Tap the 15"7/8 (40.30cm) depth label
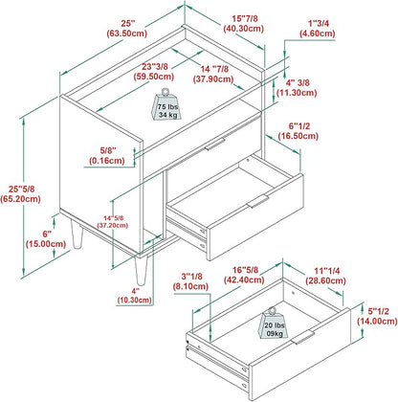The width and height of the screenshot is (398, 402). (x=244, y=24)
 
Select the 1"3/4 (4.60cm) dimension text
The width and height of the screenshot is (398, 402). (x=318, y=29)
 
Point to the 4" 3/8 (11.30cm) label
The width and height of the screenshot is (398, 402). (x=297, y=88)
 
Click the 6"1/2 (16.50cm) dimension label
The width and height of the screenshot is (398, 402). (x=298, y=131)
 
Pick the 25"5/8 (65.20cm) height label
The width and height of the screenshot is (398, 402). (x=21, y=194)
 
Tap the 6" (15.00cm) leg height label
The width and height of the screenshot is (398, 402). (x=46, y=239)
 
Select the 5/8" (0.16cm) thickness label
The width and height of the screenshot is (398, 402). (x=108, y=155)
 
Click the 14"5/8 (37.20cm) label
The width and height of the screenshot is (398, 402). (x=113, y=222)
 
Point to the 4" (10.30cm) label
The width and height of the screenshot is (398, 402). (x=135, y=296)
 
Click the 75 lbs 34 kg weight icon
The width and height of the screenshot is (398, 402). (x=166, y=104)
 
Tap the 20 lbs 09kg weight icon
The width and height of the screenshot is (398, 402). (x=274, y=323)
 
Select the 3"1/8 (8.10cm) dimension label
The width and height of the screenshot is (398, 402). (x=191, y=281)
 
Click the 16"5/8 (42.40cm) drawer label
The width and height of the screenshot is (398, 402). (x=244, y=275)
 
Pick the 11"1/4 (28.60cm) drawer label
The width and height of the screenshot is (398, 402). (x=326, y=276)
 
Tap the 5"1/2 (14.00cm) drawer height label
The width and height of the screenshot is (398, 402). (x=378, y=316)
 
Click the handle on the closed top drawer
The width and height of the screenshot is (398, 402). (x=215, y=145)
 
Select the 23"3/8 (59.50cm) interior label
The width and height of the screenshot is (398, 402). (x=154, y=72)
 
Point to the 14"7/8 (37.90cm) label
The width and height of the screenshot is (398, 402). (x=213, y=74)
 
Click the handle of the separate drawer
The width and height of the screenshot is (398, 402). (x=302, y=337)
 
